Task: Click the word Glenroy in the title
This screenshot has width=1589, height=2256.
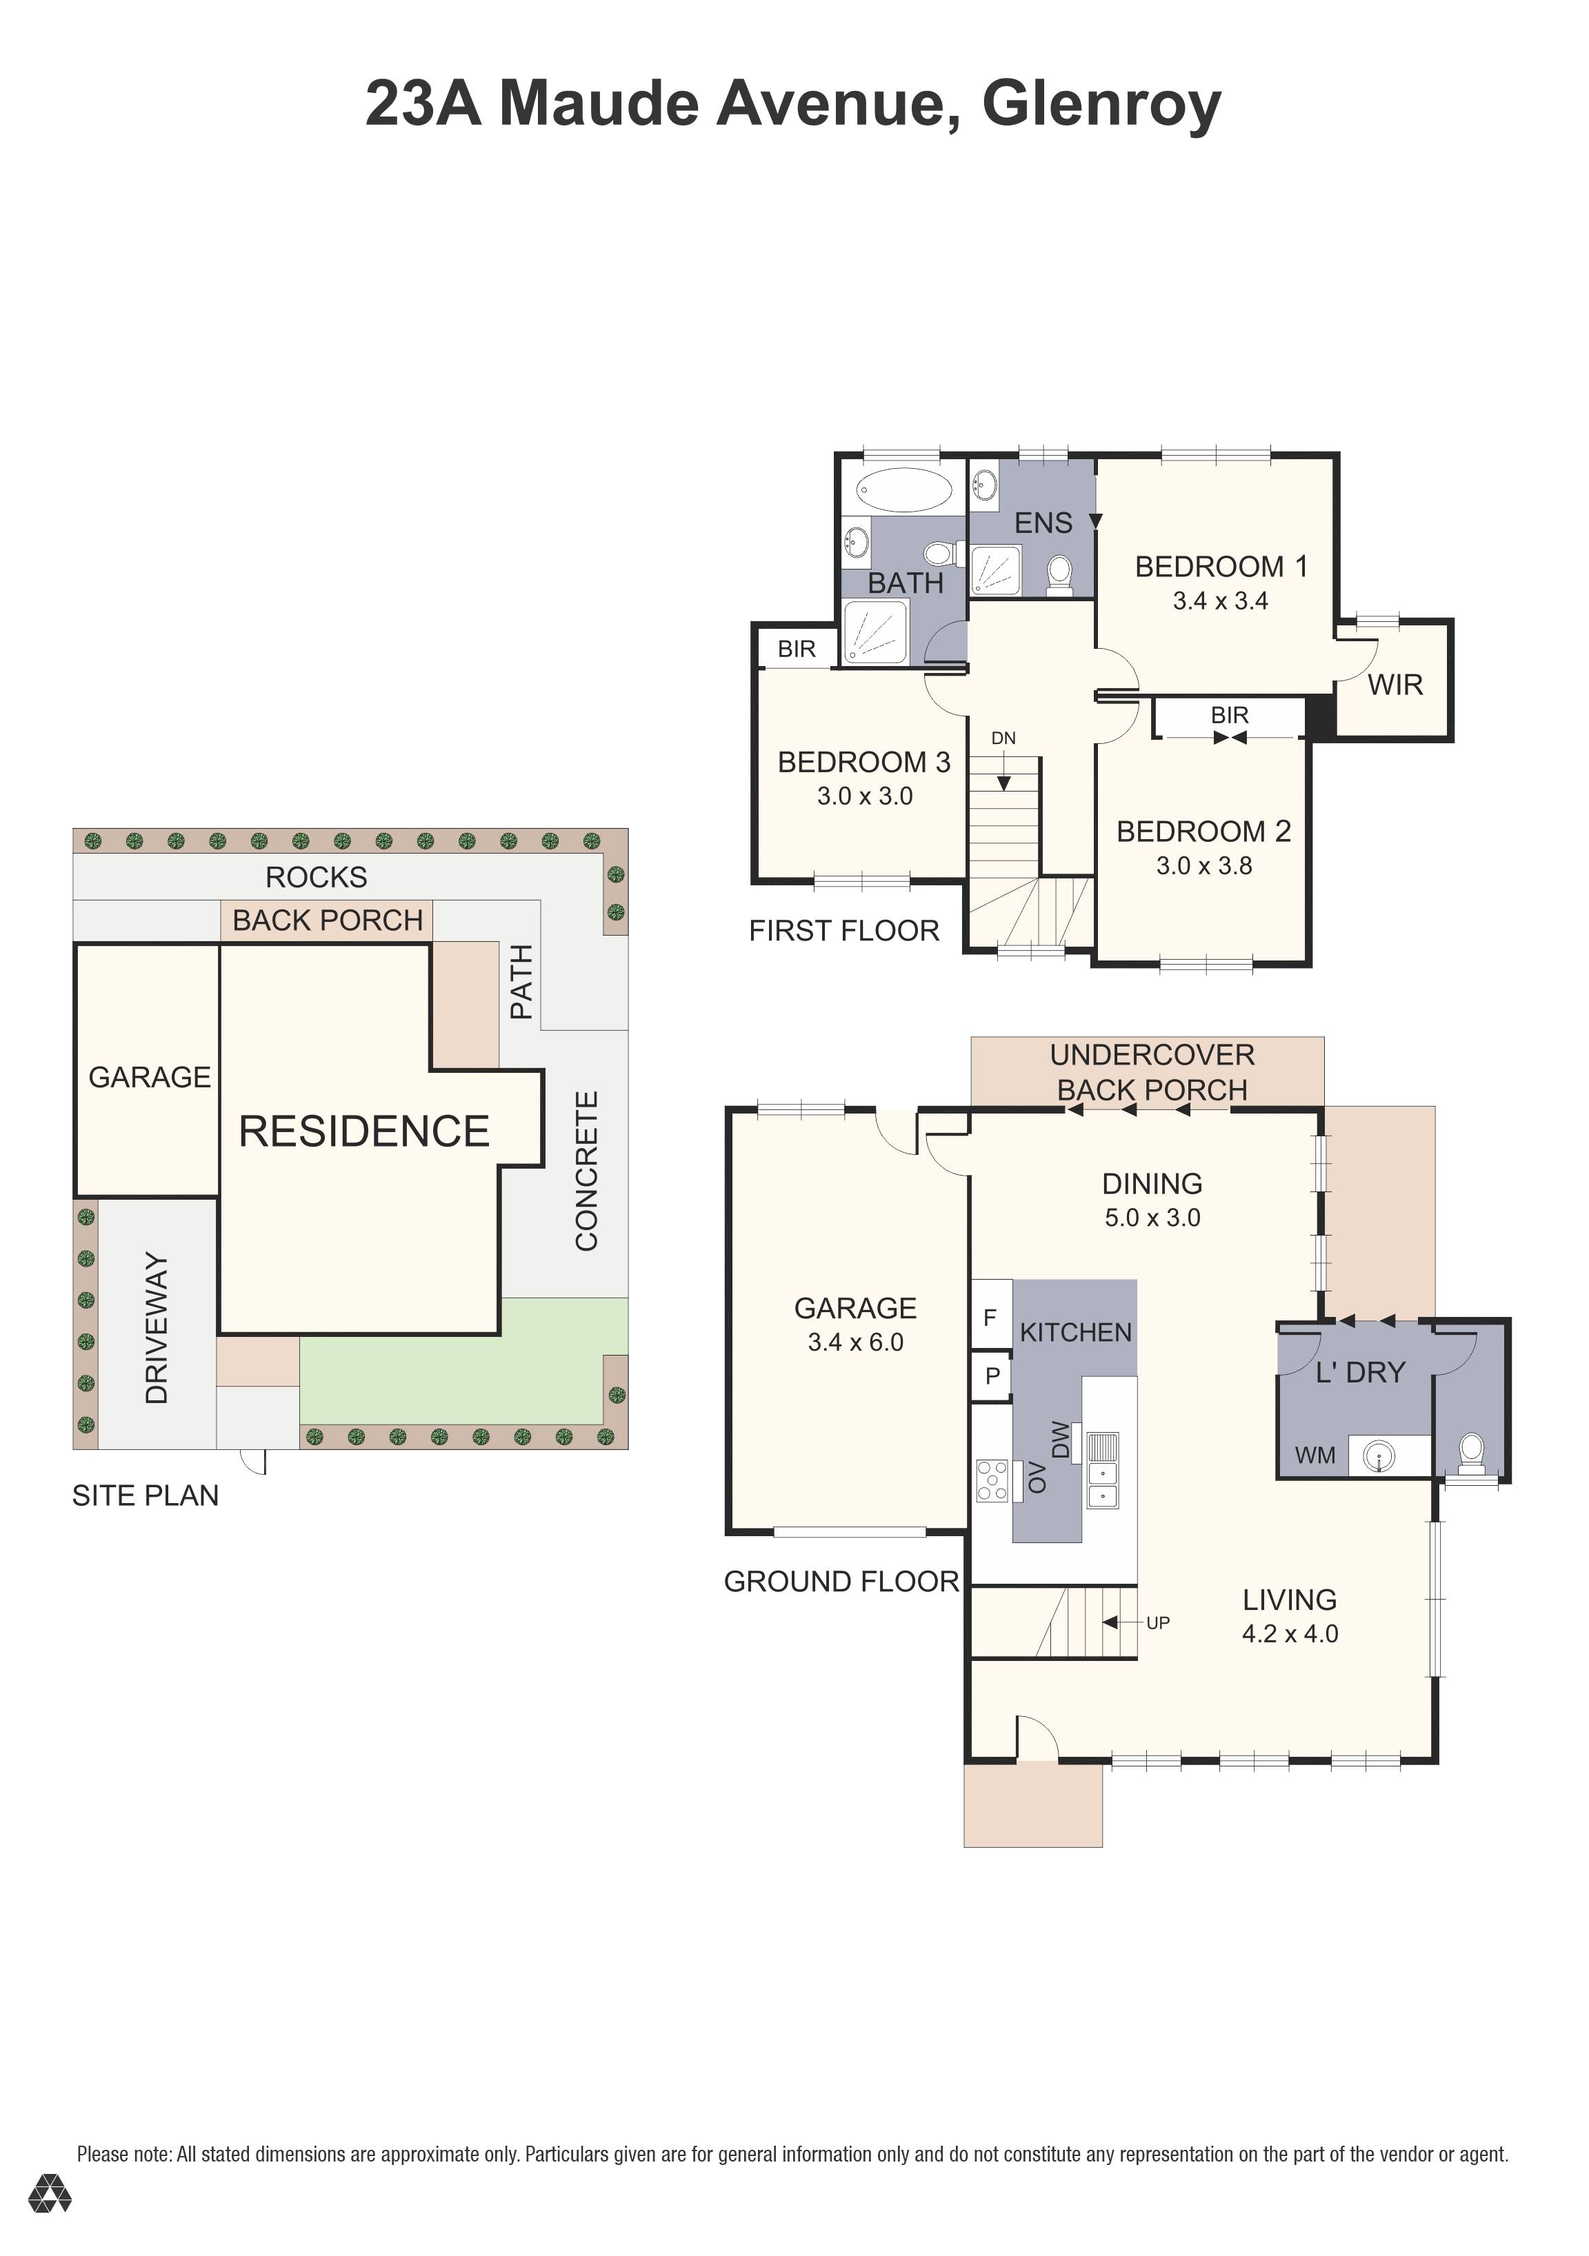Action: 1101,105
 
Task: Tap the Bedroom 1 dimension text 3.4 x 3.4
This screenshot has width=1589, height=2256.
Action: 1221,601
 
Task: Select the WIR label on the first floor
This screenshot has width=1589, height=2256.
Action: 1395,685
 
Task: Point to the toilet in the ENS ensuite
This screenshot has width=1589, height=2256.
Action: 1059,575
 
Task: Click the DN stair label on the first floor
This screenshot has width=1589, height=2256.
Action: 1003,738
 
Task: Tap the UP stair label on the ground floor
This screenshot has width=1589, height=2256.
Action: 1157,1622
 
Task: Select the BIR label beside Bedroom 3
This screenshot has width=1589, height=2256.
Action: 797,649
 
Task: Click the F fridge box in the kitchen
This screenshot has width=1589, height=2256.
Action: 990,1317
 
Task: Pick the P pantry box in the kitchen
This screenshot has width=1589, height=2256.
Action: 992,1376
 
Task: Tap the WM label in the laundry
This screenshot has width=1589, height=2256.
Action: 1315,1456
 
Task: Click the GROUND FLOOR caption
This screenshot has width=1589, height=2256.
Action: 841,1581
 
